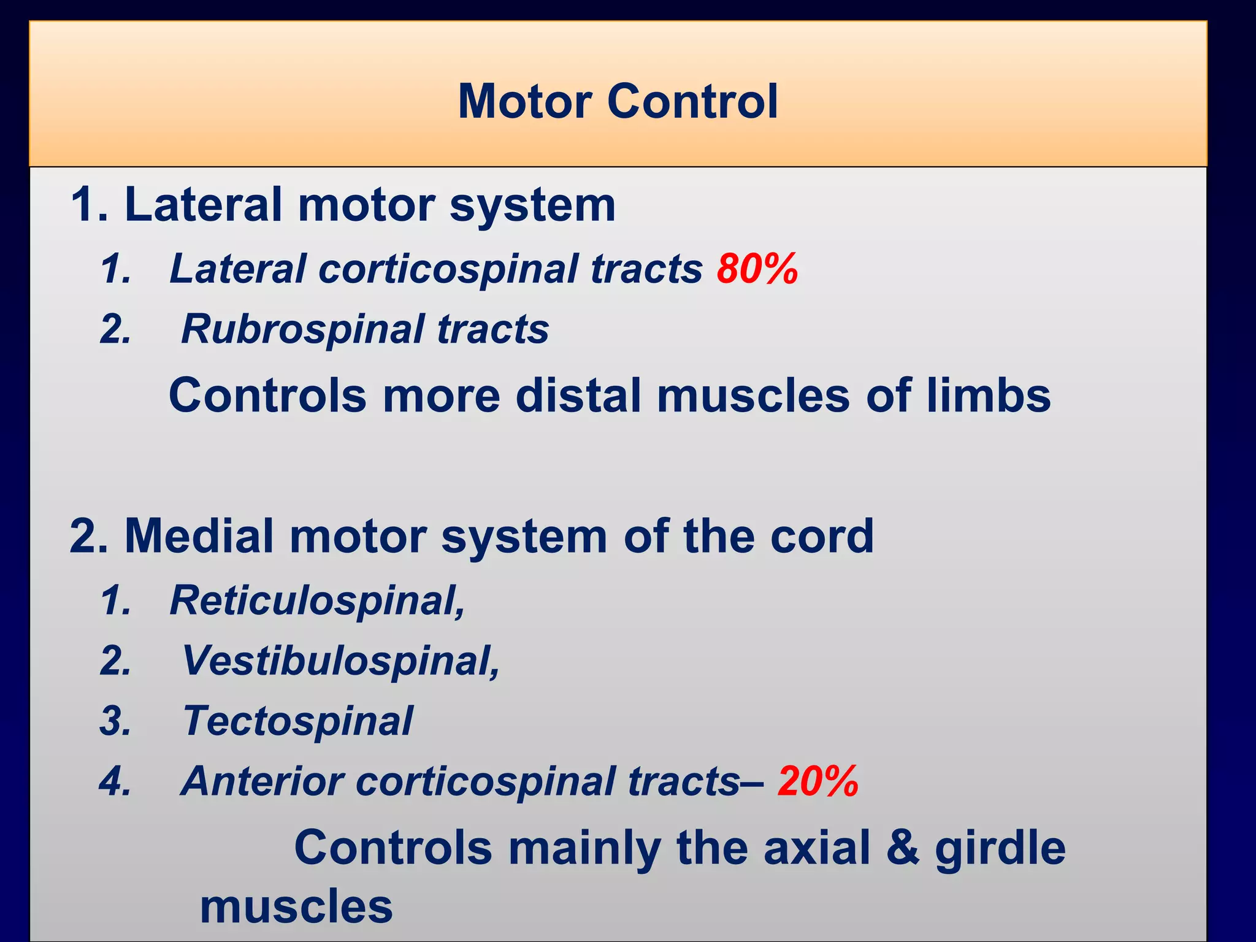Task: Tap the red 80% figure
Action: [757, 269]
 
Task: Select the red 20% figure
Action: [818, 781]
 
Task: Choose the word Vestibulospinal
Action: [341, 661]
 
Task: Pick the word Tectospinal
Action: [298, 721]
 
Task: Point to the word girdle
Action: [1000, 848]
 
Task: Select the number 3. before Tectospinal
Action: [115, 721]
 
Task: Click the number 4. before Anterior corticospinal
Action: [115, 782]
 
